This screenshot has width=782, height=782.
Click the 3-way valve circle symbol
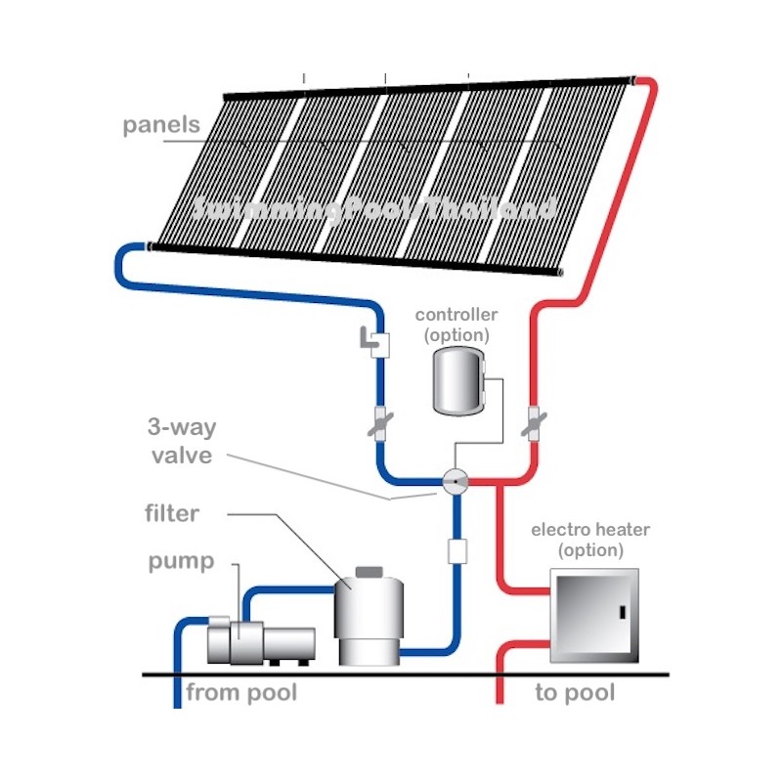tap(456, 481)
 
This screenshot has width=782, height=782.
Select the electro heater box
tap(594, 613)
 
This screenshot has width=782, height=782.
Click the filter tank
tap(369, 617)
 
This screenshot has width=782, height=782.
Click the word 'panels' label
tap(161, 125)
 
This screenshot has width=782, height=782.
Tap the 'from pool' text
tap(241, 693)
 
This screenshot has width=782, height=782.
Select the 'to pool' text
tap(575, 693)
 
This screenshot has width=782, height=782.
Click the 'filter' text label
tap(172, 512)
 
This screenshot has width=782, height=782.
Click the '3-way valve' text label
tap(180, 441)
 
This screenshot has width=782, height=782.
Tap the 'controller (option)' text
tap(456, 325)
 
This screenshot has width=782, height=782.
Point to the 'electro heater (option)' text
tap(590, 540)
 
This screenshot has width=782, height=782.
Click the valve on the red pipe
tap(535, 422)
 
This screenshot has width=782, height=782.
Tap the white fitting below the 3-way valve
tap(456, 550)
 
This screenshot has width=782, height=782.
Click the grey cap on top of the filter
tap(369, 570)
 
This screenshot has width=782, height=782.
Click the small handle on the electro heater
tap(620, 613)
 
